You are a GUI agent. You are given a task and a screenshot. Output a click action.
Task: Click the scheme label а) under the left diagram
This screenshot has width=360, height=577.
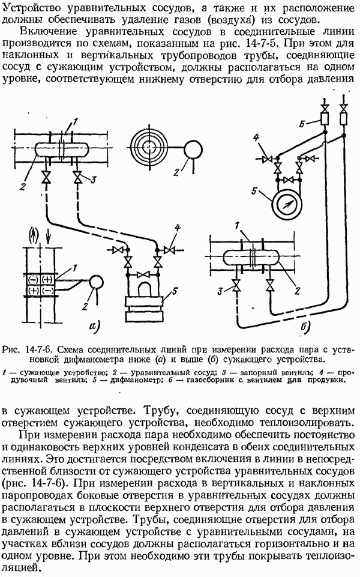coord(96,328)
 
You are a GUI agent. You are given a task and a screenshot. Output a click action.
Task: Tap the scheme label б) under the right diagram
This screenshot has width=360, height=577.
coord(304,328)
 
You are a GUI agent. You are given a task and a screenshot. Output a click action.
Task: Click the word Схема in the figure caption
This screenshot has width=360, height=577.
coord(70,348)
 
